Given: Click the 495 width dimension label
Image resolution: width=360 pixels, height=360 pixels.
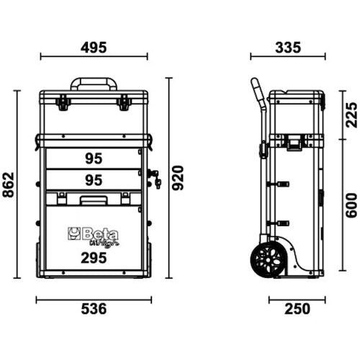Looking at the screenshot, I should coord(94,48).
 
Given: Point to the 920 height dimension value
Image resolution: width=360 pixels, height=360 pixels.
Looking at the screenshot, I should coord(179,177).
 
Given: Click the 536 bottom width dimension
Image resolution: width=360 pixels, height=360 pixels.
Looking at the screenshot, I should coord(93,309).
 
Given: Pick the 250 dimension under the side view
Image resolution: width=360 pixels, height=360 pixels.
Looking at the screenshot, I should coord(296,309).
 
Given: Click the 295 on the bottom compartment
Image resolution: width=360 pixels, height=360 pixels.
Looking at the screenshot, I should coord(92,258).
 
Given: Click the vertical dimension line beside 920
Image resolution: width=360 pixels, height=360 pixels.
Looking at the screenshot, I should coord(169,177).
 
